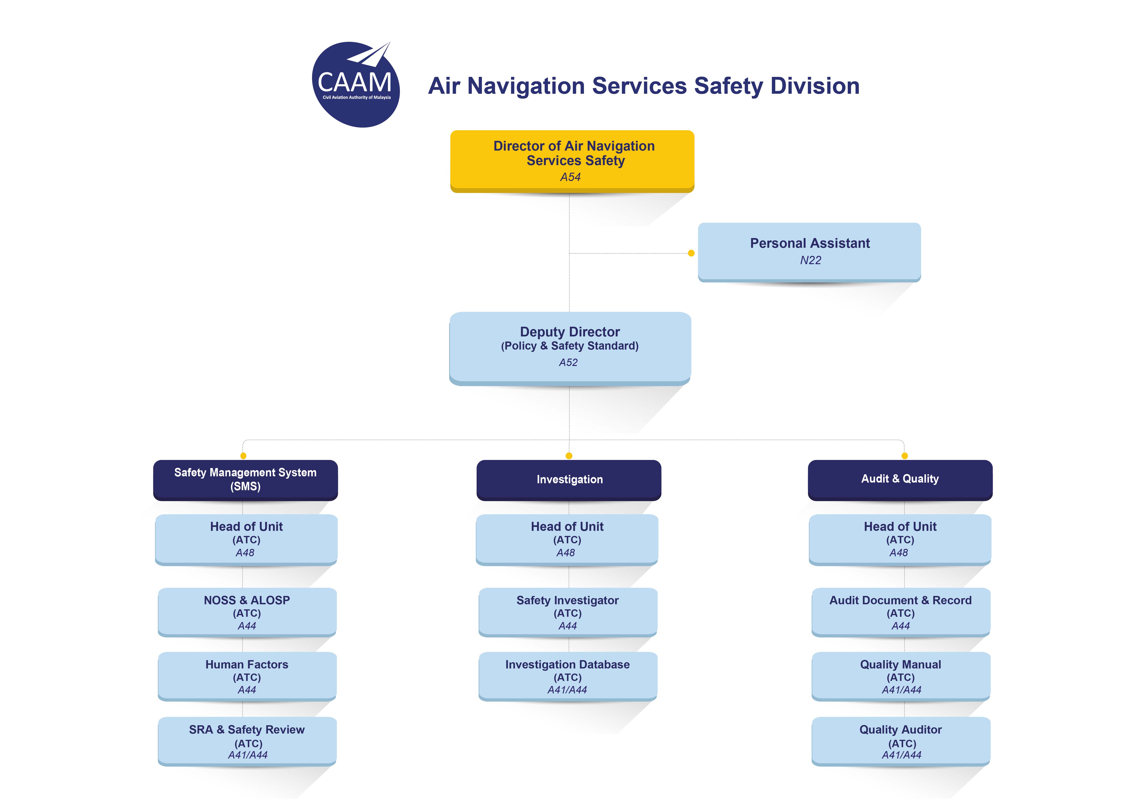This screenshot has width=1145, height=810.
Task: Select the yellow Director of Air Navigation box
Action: [x=572, y=161]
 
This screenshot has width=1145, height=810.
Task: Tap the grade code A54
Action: [x=571, y=177]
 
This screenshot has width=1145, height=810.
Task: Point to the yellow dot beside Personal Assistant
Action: [x=691, y=253]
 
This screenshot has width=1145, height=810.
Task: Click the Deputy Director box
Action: [x=570, y=349]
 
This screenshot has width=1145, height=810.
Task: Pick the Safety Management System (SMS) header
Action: [x=245, y=480]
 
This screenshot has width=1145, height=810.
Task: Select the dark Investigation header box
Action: [x=569, y=480]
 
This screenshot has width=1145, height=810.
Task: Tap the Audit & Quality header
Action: [x=900, y=480]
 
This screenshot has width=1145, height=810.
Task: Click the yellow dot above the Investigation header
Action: [x=569, y=456]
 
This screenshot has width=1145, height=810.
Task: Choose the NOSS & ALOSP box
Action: [x=247, y=613]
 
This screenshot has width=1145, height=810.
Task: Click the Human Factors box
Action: [x=247, y=677]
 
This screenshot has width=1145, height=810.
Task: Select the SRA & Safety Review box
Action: [x=247, y=742]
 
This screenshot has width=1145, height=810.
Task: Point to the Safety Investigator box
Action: [x=568, y=613]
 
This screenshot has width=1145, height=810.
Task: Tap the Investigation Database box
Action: [x=568, y=677]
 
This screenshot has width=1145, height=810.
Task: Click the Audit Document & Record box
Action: [x=901, y=613]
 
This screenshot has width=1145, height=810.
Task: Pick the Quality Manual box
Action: [x=901, y=677]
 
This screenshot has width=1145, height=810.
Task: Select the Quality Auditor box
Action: [x=901, y=742]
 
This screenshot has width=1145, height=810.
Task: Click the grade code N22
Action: [x=810, y=260]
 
